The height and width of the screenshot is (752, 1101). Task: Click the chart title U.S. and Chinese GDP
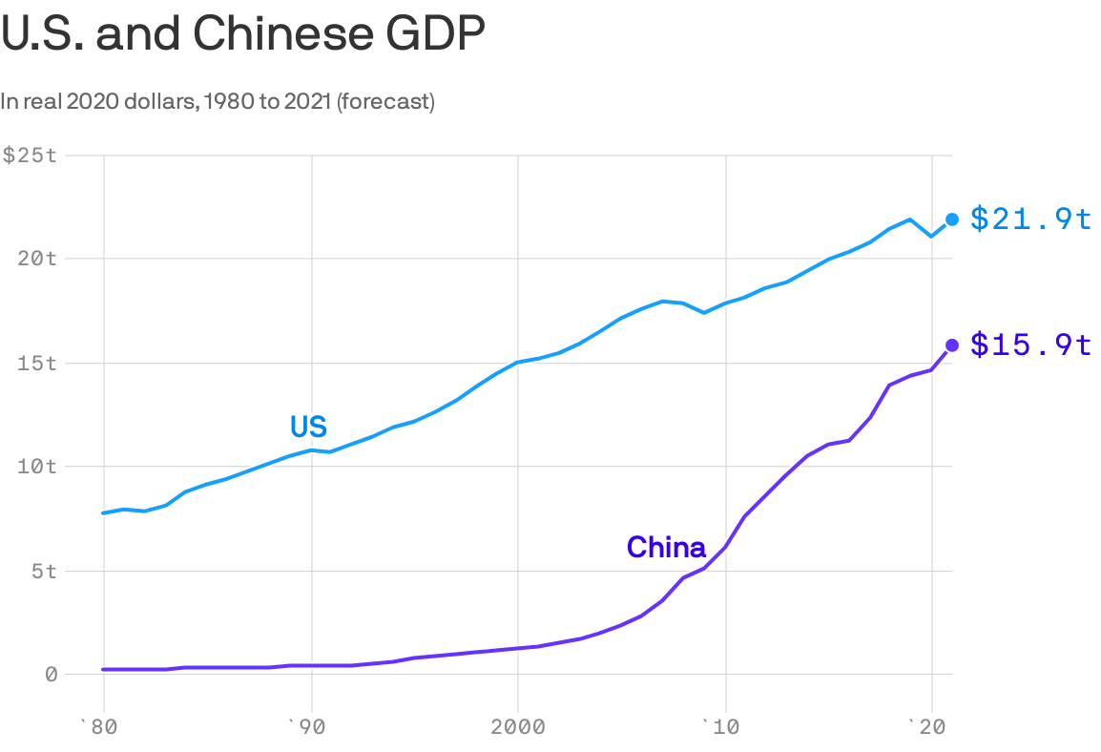pyautogui.click(x=243, y=35)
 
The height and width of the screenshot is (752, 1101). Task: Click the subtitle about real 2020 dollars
pyautogui.click(x=218, y=101)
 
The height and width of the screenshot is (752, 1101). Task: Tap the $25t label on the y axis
pyautogui.click(x=30, y=155)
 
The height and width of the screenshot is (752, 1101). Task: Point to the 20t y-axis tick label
pyautogui.click(x=40, y=258)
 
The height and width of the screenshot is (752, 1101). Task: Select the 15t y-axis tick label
pyautogui.click(x=40, y=363)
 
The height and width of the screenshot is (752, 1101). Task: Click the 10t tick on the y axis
pyautogui.click(x=40, y=467)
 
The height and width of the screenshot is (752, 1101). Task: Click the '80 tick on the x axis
pyautogui.click(x=100, y=727)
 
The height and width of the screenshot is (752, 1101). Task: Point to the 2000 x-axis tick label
pyautogui.click(x=517, y=727)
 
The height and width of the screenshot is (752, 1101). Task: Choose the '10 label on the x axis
pyautogui.click(x=723, y=727)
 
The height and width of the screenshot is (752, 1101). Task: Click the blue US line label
pyautogui.click(x=308, y=427)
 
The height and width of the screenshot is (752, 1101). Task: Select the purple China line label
pyautogui.click(x=666, y=548)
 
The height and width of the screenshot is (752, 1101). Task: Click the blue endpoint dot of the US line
pyautogui.click(x=952, y=219)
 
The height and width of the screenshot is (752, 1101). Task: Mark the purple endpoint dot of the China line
pyautogui.click(x=952, y=345)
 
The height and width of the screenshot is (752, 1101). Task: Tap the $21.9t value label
pyautogui.click(x=1030, y=219)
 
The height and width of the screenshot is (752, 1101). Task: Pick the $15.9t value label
pyautogui.click(x=1030, y=345)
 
